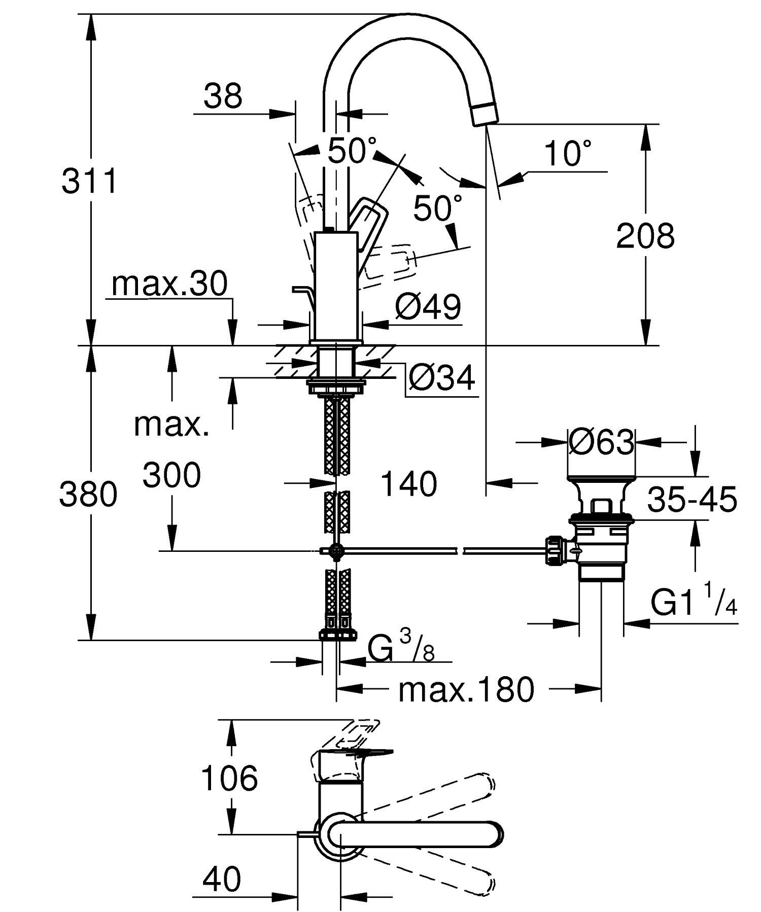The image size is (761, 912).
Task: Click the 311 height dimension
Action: tap(89, 181)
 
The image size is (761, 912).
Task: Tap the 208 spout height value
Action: tap(645, 236)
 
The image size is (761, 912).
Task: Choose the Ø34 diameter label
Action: tap(441, 378)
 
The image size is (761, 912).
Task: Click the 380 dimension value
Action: tap(88, 495)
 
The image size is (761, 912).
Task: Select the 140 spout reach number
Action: tap(408, 484)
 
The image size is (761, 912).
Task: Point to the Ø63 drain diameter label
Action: tap(601, 442)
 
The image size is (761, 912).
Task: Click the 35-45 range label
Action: tap(692, 499)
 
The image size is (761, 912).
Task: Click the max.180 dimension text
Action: tap(466, 689)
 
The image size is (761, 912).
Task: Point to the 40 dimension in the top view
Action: tap(222, 879)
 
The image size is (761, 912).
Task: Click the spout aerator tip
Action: tap(484, 113)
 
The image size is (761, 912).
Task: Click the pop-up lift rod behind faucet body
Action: tap(302, 292)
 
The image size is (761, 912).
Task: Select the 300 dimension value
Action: tap(171, 476)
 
